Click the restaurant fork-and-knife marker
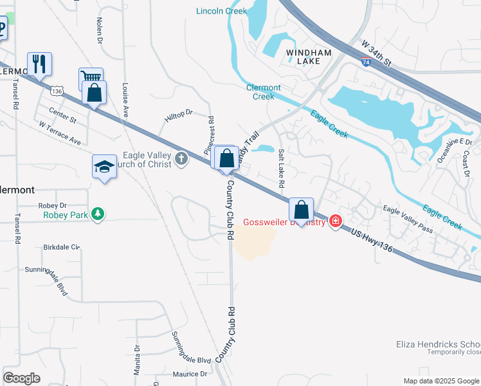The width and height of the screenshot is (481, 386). [39, 64]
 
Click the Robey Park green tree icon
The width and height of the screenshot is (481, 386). [97, 214]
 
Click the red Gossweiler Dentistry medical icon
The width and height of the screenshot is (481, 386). [335, 222]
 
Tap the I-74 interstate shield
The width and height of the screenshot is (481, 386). [365, 63]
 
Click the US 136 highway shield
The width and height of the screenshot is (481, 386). [58, 91]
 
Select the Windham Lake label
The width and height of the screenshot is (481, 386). [300, 56]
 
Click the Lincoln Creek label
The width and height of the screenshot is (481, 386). [221, 11]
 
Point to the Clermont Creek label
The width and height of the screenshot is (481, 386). [264, 92]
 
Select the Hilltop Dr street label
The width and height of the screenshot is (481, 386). [179, 115]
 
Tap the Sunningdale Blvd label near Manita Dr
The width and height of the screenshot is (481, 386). [192, 349]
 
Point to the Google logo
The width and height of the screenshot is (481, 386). [21, 378]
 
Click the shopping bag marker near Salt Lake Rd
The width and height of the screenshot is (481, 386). [301, 210]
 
